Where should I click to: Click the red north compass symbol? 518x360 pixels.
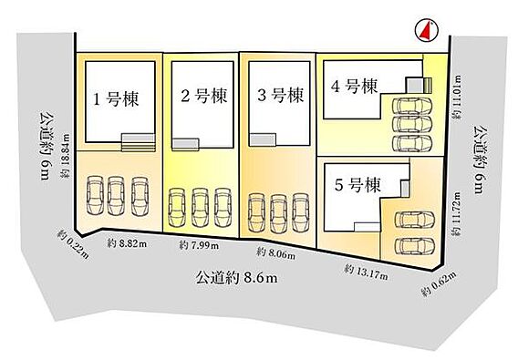pyautogui.click(x=427, y=30)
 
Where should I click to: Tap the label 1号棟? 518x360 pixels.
pyautogui.click(x=116, y=98)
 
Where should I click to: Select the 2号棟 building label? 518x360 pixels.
pyautogui.click(x=204, y=96)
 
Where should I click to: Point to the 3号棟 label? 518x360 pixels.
pyautogui.click(x=281, y=95)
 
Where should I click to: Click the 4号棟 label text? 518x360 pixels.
pyautogui.click(x=354, y=87)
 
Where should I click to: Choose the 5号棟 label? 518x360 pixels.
pyautogui.click(x=357, y=185)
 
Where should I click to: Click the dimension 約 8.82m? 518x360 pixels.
pyautogui.click(x=127, y=244)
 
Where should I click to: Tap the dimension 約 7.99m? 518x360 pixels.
pyautogui.click(x=199, y=245)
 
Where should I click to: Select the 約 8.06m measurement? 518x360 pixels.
pyautogui.click(x=275, y=253)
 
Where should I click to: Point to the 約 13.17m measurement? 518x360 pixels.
pyautogui.click(x=366, y=273)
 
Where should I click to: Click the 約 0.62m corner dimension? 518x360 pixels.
pyautogui.click(x=439, y=284)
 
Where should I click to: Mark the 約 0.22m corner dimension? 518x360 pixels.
pyautogui.click(x=73, y=243)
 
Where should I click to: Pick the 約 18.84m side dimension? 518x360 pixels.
pyautogui.click(x=66, y=156)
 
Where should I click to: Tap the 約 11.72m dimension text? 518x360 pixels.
pyautogui.click(x=457, y=213)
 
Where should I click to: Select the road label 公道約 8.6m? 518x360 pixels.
pyautogui.click(x=236, y=278)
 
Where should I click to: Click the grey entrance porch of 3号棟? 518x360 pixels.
pyautogui.click(x=263, y=139)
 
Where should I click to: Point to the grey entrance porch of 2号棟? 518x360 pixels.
pyautogui.click(x=185, y=144)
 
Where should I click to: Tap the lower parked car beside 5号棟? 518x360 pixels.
pyautogui.click(x=415, y=246)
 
